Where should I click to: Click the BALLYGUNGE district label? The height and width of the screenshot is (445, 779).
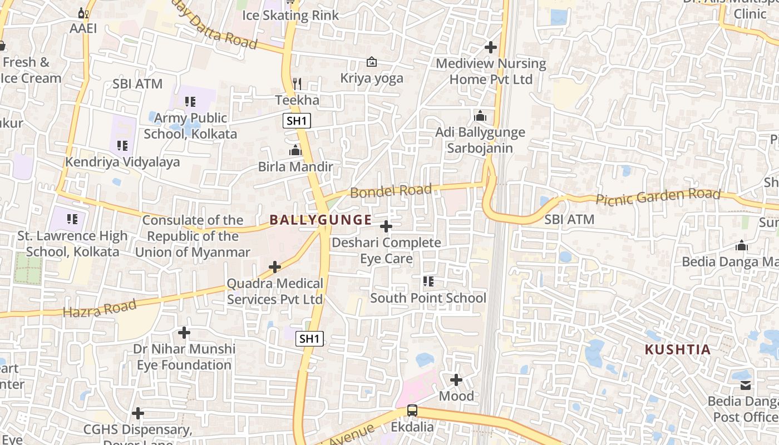321,220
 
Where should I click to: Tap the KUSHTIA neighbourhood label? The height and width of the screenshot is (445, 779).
678,350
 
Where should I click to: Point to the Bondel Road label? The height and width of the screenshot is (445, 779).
391,191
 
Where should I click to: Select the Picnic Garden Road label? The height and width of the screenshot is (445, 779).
658,196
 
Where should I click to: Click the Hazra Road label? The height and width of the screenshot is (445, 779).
100,308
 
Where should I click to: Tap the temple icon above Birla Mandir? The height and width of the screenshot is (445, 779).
295,150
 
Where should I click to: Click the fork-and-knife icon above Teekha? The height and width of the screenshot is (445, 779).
297,84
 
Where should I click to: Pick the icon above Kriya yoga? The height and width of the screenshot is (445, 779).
371,62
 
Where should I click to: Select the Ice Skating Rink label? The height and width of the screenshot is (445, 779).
290,15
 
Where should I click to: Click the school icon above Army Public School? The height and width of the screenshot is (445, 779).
190,102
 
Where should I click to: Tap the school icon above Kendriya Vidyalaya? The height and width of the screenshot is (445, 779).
122,146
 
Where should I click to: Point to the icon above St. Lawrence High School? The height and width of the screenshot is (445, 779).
72,219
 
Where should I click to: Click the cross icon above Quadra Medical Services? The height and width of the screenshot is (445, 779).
275,267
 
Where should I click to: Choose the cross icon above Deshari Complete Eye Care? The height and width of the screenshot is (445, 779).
386,226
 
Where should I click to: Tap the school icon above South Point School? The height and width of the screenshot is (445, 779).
428,281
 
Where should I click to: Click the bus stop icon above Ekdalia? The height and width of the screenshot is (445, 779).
412,411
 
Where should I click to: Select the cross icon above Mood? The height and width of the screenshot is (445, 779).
456,380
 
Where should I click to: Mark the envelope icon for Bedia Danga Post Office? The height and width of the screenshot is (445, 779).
746,385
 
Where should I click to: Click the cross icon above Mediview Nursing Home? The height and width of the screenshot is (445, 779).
490,47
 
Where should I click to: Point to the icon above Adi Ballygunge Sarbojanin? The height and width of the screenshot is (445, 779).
480,116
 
